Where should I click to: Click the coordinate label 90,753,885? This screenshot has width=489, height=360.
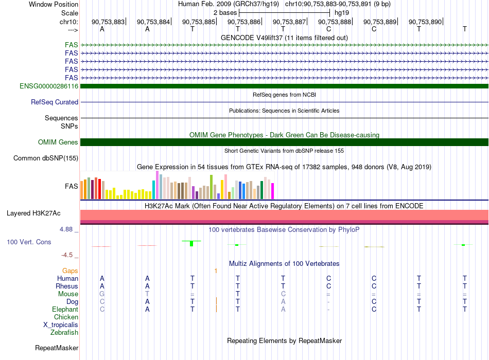(x=199, y=22)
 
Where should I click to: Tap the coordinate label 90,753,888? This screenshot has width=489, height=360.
(x=335, y=22)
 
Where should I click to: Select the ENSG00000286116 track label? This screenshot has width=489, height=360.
(x=49, y=86)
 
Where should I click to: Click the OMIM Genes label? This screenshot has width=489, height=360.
(x=58, y=142)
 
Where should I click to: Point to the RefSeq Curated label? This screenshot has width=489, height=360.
(x=55, y=102)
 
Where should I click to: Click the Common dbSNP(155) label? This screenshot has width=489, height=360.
(x=46, y=158)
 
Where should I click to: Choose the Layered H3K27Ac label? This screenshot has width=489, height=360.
(x=33, y=213)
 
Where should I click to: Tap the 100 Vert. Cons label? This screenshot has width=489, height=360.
(x=29, y=242)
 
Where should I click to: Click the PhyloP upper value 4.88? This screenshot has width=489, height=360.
(x=66, y=229)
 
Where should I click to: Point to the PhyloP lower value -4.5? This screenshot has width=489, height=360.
(x=67, y=255)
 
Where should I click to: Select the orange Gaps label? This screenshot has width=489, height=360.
(x=70, y=271)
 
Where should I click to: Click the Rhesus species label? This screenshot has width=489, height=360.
(x=67, y=286)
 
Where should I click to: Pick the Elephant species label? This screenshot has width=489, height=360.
(x=65, y=309)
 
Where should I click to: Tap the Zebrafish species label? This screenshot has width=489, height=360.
(x=64, y=332)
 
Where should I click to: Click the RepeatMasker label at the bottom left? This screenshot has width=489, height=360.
(x=57, y=348)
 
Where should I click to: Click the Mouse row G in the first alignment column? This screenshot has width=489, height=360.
(x=102, y=294)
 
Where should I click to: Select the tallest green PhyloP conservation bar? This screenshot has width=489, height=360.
(x=191, y=243)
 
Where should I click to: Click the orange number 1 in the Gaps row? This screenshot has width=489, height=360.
(x=216, y=271)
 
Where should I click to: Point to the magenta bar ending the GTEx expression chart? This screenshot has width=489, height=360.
(x=273, y=191)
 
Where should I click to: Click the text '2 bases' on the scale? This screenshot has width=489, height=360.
(x=225, y=13)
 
